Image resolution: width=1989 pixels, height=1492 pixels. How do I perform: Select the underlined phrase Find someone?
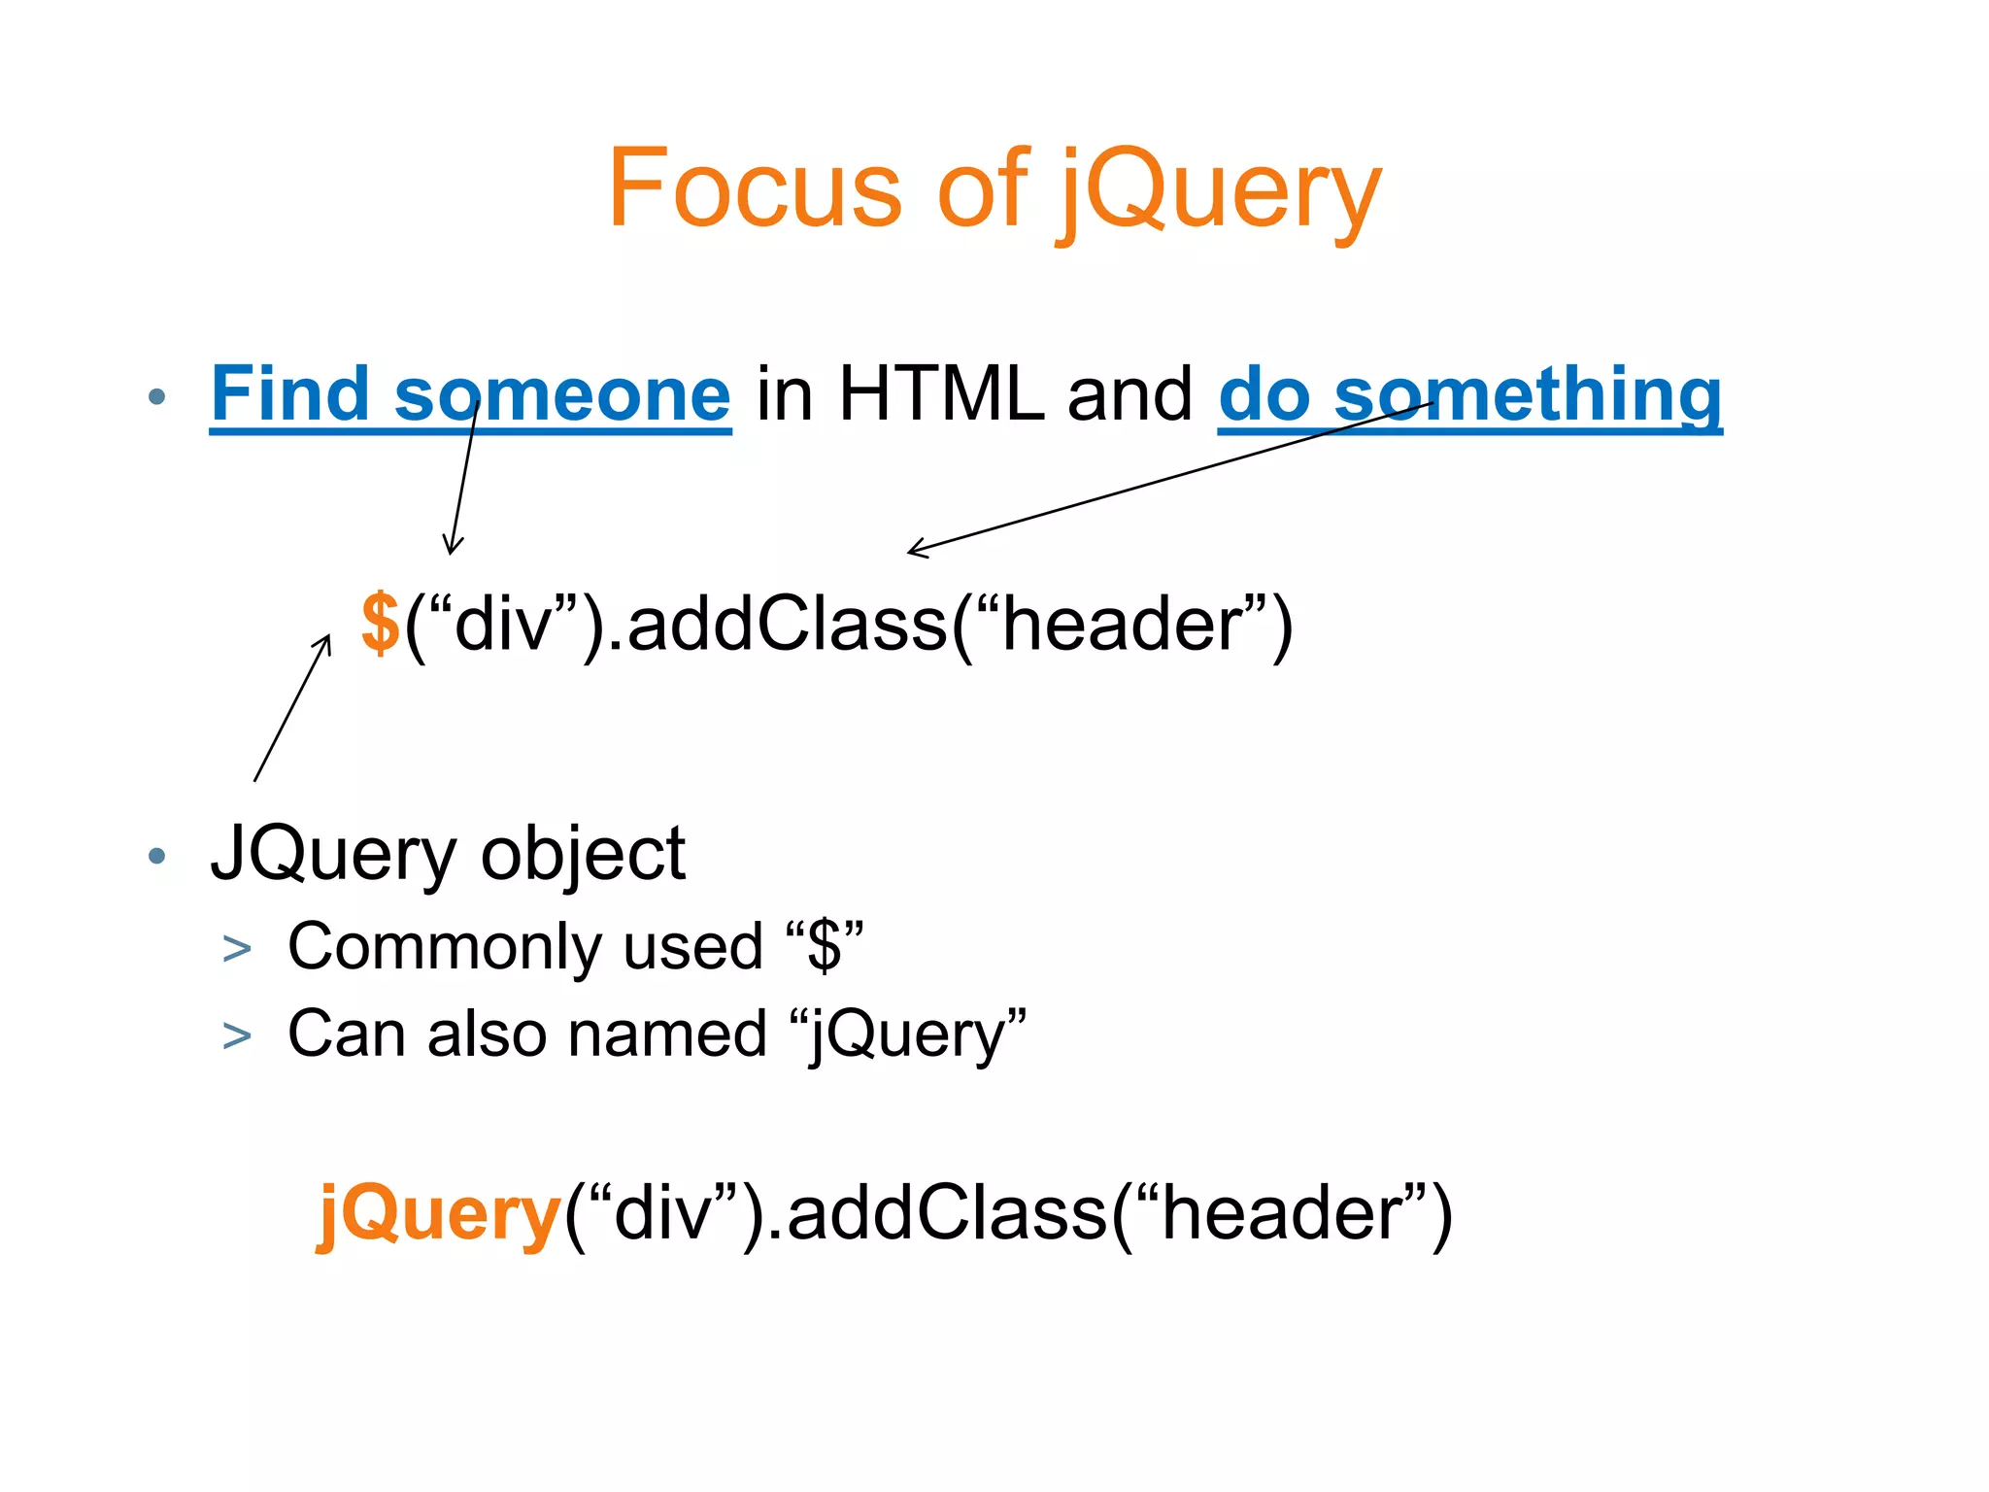[x=470, y=394]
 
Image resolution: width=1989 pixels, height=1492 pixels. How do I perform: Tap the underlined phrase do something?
[x=1469, y=394]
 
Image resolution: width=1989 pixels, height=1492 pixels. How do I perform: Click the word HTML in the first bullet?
[x=940, y=394]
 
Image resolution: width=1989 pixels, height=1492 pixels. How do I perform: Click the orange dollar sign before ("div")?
[x=380, y=623]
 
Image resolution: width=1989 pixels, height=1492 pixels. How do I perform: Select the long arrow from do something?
[x=1165, y=477]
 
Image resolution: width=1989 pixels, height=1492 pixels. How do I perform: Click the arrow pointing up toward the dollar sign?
[x=291, y=709]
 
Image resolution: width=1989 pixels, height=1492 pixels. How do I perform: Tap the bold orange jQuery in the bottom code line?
[x=439, y=1213]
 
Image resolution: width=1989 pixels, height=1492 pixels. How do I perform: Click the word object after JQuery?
[x=583, y=854]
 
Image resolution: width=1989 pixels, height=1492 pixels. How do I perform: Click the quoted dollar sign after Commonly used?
[x=825, y=946]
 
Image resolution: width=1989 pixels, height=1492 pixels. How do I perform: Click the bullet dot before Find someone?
[x=157, y=396]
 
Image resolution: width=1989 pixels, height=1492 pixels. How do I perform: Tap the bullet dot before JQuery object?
[x=157, y=856]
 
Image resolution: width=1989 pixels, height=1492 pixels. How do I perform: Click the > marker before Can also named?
[x=237, y=1035]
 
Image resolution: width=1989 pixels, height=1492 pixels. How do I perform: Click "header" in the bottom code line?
[x=1282, y=1213]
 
